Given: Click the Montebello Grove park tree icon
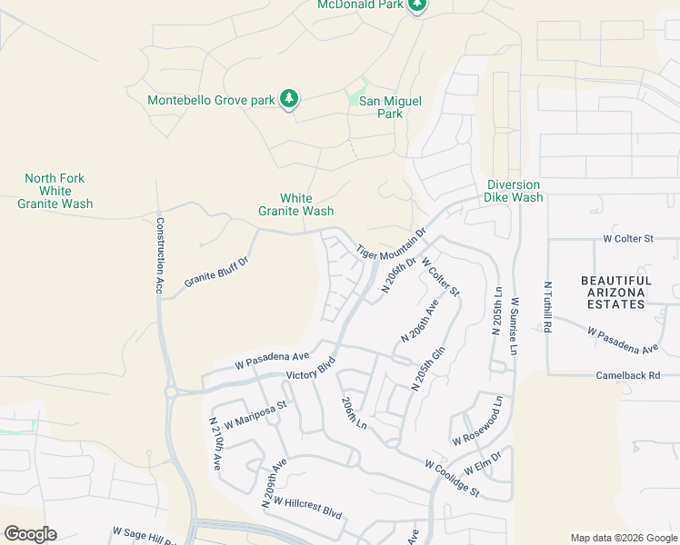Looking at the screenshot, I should tap(289, 98).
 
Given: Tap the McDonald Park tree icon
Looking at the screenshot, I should tap(417, 5).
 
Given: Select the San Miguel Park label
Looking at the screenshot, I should tap(390, 108).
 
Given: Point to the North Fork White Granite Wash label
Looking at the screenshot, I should tap(55, 192).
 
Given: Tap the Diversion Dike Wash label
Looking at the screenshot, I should tap(515, 191).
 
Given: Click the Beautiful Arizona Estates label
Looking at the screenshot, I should tap(616, 292).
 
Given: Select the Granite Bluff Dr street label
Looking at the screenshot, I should tap(216, 271).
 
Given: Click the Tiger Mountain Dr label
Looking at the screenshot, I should tap(391, 242).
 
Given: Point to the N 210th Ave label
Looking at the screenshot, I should tap(215, 443).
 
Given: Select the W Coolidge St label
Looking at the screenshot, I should tap(451, 478).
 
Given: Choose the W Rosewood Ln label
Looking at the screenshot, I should tap(477, 420).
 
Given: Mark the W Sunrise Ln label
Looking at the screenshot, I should tap(515, 328).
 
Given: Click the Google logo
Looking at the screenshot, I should tap(30, 534).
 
